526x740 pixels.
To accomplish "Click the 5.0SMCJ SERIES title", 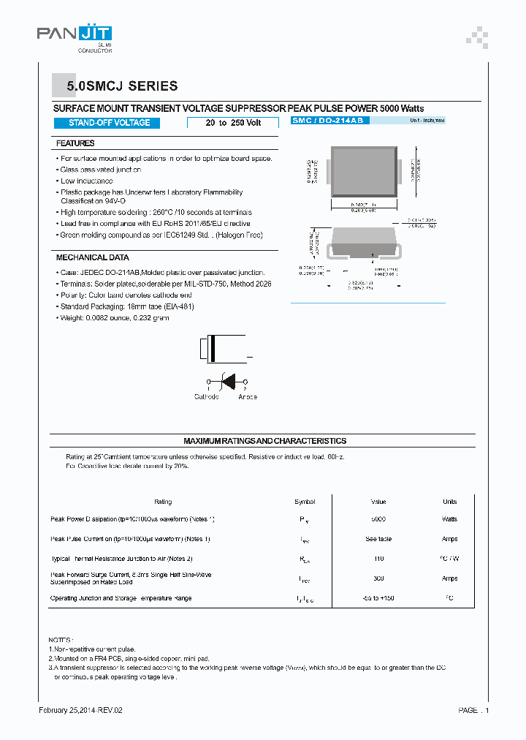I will (x=122, y=86).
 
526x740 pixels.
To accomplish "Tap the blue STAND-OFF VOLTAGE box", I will (x=109, y=123).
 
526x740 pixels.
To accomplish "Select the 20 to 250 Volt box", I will (x=233, y=123).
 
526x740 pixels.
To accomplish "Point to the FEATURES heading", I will (x=75, y=143).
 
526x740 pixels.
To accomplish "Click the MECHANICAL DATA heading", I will (x=92, y=257).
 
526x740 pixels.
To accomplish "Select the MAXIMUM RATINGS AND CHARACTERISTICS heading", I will (x=264, y=441).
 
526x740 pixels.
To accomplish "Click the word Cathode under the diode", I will (x=206, y=397).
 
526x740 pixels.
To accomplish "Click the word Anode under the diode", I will (x=247, y=397).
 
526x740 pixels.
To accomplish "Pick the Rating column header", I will (x=163, y=502).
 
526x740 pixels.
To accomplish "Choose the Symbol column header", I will (x=305, y=502).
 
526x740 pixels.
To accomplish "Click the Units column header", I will (x=449, y=502).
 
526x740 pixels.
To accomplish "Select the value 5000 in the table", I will (x=378, y=519).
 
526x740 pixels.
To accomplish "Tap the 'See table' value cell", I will (x=378, y=539).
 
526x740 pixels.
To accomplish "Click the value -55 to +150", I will (x=378, y=598).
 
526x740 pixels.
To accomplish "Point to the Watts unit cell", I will (x=449, y=519).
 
